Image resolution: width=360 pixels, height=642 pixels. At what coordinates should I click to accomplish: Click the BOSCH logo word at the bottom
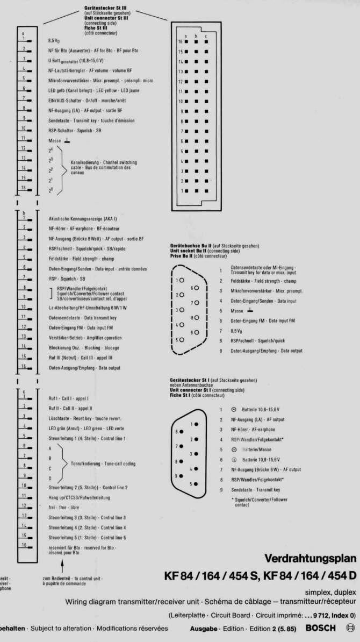(320, 628)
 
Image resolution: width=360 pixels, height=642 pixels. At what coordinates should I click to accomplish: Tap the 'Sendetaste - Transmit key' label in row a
(84, 120)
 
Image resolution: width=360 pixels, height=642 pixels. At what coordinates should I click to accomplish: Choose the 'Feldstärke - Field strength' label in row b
(81, 259)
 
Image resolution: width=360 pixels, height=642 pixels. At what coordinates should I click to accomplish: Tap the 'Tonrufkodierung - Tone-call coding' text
(103, 463)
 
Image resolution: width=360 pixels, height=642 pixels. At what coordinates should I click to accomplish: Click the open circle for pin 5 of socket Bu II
(182, 340)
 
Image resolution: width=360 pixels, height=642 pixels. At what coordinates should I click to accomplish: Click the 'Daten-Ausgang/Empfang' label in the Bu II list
(266, 351)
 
